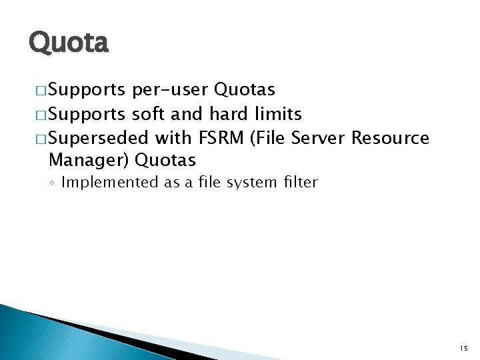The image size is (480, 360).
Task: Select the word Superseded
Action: [99, 138]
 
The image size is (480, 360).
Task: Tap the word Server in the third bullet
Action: [318, 138]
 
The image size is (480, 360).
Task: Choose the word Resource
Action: [390, 138]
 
